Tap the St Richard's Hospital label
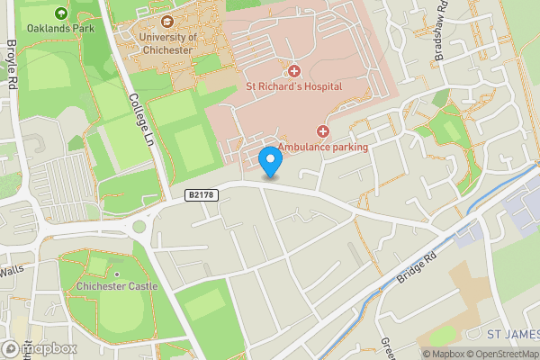(294, 86)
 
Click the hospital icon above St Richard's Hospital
(293, 71)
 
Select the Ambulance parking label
(322, 146)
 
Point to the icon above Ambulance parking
(322, 131)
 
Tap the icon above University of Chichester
(166, 22)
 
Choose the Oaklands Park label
(60, 27)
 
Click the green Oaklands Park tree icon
(60, 13)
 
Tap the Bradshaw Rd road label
(441, 36)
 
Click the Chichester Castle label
(117, 286)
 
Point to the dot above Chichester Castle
(117, 274)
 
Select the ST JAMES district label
(512, 334)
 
